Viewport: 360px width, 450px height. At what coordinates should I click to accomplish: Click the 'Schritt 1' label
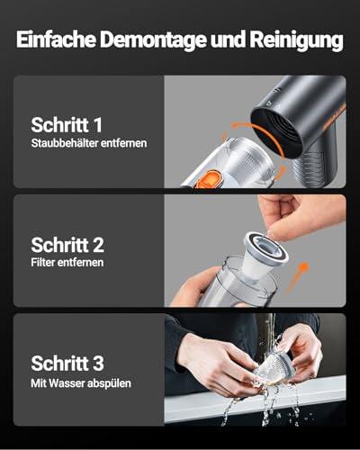pos(68,124)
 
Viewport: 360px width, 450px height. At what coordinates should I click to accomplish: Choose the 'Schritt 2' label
pos(68,244)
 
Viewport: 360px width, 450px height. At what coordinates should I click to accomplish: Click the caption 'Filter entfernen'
pos(67,263)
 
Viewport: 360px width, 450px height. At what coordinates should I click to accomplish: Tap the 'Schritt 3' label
pos(68,363)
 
